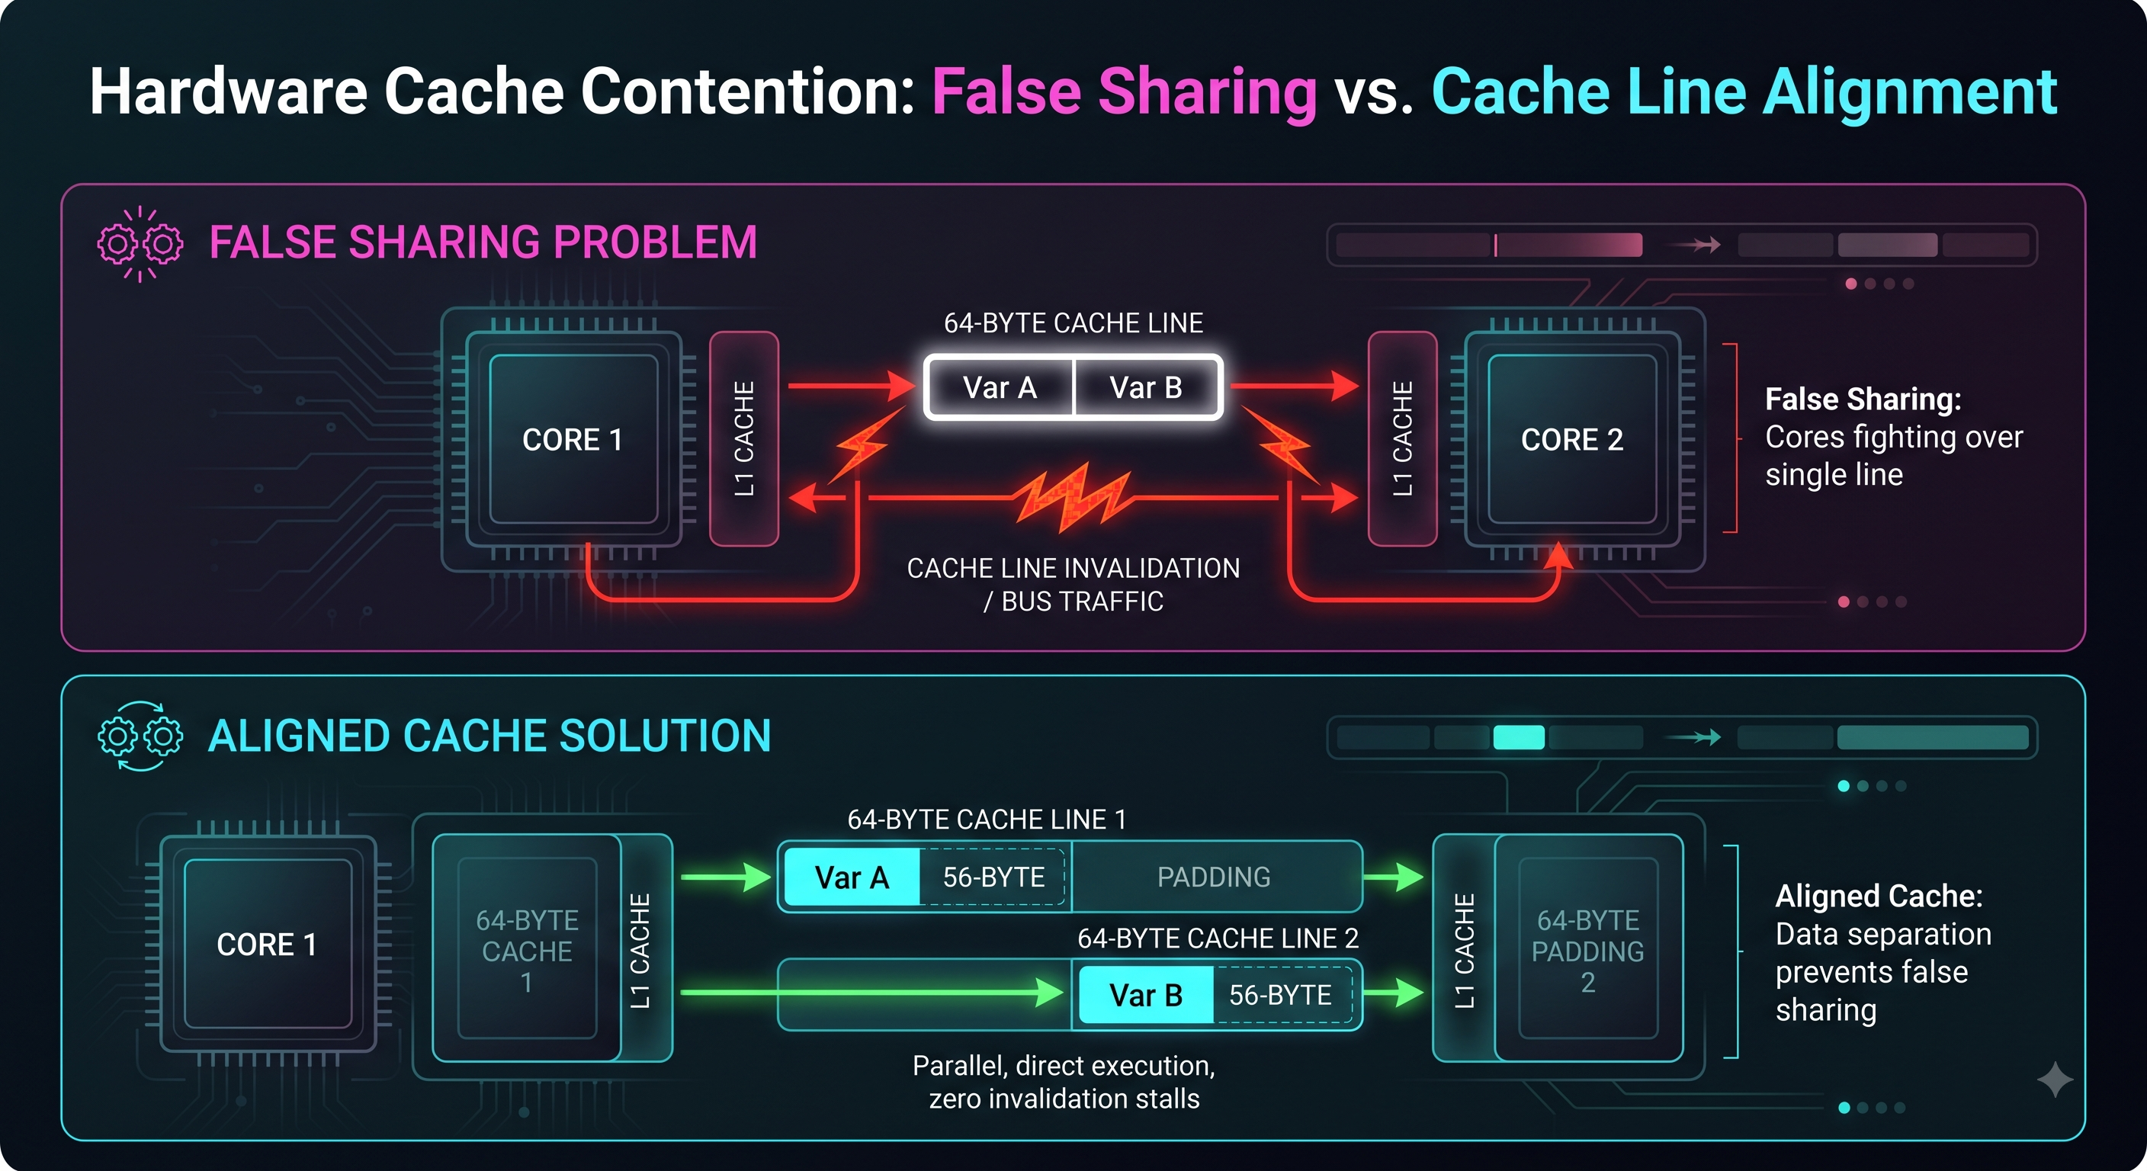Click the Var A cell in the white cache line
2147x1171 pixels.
[x=1000, y=387]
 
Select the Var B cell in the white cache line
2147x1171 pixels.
[x=1147, y=387]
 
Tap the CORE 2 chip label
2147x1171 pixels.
[x=1572, y=439]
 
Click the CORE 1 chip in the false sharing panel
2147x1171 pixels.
[x=573, y=439]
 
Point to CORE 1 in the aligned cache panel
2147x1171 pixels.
[x=268, y=945]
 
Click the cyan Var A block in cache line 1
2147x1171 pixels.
[x=852, y=877]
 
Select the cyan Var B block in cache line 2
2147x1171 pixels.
[x=1146, y=994]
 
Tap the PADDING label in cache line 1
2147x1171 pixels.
[x=1214, y=877]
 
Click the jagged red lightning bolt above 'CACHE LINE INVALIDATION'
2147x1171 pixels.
[x=1073, y=498]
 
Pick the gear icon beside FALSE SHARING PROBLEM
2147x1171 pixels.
[x=140, y=244]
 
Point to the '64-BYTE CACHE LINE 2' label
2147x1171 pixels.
[x=1218, y=938]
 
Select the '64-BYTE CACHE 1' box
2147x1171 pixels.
[x=527, y=948]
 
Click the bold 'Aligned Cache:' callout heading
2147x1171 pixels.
[x=1879, y=896]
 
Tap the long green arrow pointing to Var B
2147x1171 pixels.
[x=871, y=993]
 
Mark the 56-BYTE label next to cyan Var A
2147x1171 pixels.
[x=993, y=877]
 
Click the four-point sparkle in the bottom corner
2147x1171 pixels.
[x=2055, y=1080]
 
